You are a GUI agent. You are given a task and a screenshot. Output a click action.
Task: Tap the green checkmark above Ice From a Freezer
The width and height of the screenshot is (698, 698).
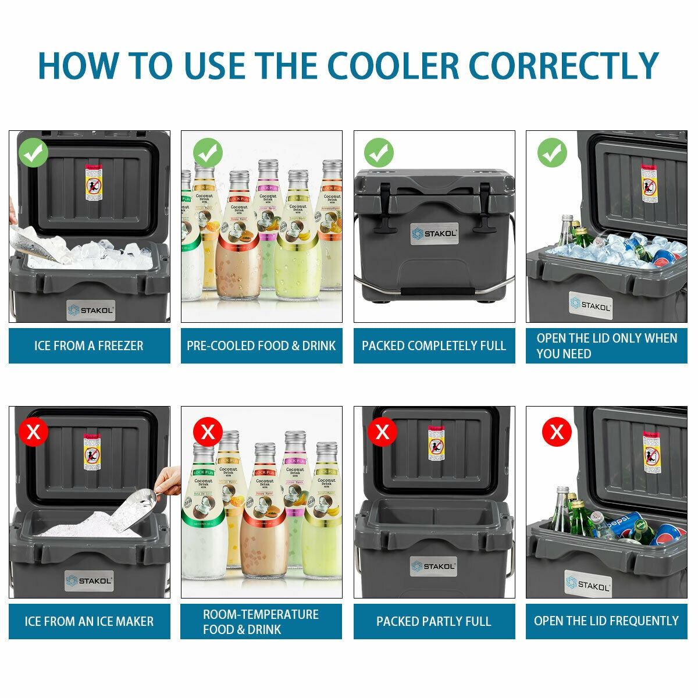[x=33, y=152]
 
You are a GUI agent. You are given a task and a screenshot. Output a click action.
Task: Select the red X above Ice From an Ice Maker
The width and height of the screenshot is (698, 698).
[x=33, y=432]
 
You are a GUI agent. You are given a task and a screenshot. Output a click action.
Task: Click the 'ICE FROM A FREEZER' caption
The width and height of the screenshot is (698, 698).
[x=89, y=346]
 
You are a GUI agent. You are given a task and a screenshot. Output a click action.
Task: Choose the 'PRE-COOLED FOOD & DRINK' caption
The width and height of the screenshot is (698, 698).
[x=261, y=346]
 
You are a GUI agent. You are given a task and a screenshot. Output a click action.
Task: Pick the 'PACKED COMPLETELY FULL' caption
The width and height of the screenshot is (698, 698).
[x=434, y=346]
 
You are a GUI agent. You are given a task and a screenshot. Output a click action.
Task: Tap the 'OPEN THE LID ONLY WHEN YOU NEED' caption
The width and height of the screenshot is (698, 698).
[x=606, y=346]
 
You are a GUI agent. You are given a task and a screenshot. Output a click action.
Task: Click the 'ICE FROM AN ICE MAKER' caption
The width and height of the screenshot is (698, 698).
[x=89, y=621]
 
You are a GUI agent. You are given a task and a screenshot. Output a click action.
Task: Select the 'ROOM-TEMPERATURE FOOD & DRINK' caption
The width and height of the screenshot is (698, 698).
[x=261, y=621]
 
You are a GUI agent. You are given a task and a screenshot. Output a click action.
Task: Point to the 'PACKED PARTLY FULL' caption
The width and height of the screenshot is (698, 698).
[x=434, y=621]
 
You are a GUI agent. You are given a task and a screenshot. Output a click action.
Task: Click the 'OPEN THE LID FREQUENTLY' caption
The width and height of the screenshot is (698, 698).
[x=606, y=621]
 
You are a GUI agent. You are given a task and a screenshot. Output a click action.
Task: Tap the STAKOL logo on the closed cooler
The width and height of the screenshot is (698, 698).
[x=435, y=233]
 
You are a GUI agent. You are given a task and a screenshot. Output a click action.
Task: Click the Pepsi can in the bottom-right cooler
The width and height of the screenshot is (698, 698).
[x=622, y=524]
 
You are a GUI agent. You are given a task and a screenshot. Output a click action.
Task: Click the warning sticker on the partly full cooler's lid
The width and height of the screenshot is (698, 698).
[x=435, y=444]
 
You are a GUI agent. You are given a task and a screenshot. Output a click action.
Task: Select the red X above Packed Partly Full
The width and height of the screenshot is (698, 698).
[x=382, y=432]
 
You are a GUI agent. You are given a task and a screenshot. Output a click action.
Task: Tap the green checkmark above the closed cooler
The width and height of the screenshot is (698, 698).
[x=379, y=153]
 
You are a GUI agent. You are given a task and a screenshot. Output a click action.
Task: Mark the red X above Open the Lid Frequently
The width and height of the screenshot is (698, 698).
[x=557, y=432]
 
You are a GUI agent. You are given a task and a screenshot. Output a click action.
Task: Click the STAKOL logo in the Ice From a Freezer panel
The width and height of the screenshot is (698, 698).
[x=90, y=310]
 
